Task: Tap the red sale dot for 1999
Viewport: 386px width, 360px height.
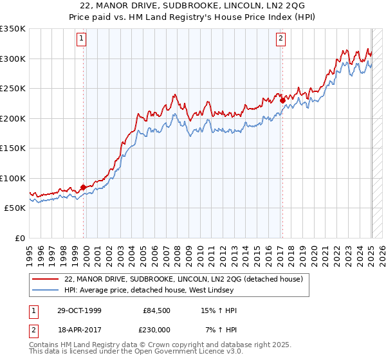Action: [83, 188]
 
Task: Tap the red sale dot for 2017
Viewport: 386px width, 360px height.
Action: [282, 100]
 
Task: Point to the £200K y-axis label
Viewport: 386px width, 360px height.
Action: [13, 118]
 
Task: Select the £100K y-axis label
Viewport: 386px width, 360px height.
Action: [13, 178]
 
